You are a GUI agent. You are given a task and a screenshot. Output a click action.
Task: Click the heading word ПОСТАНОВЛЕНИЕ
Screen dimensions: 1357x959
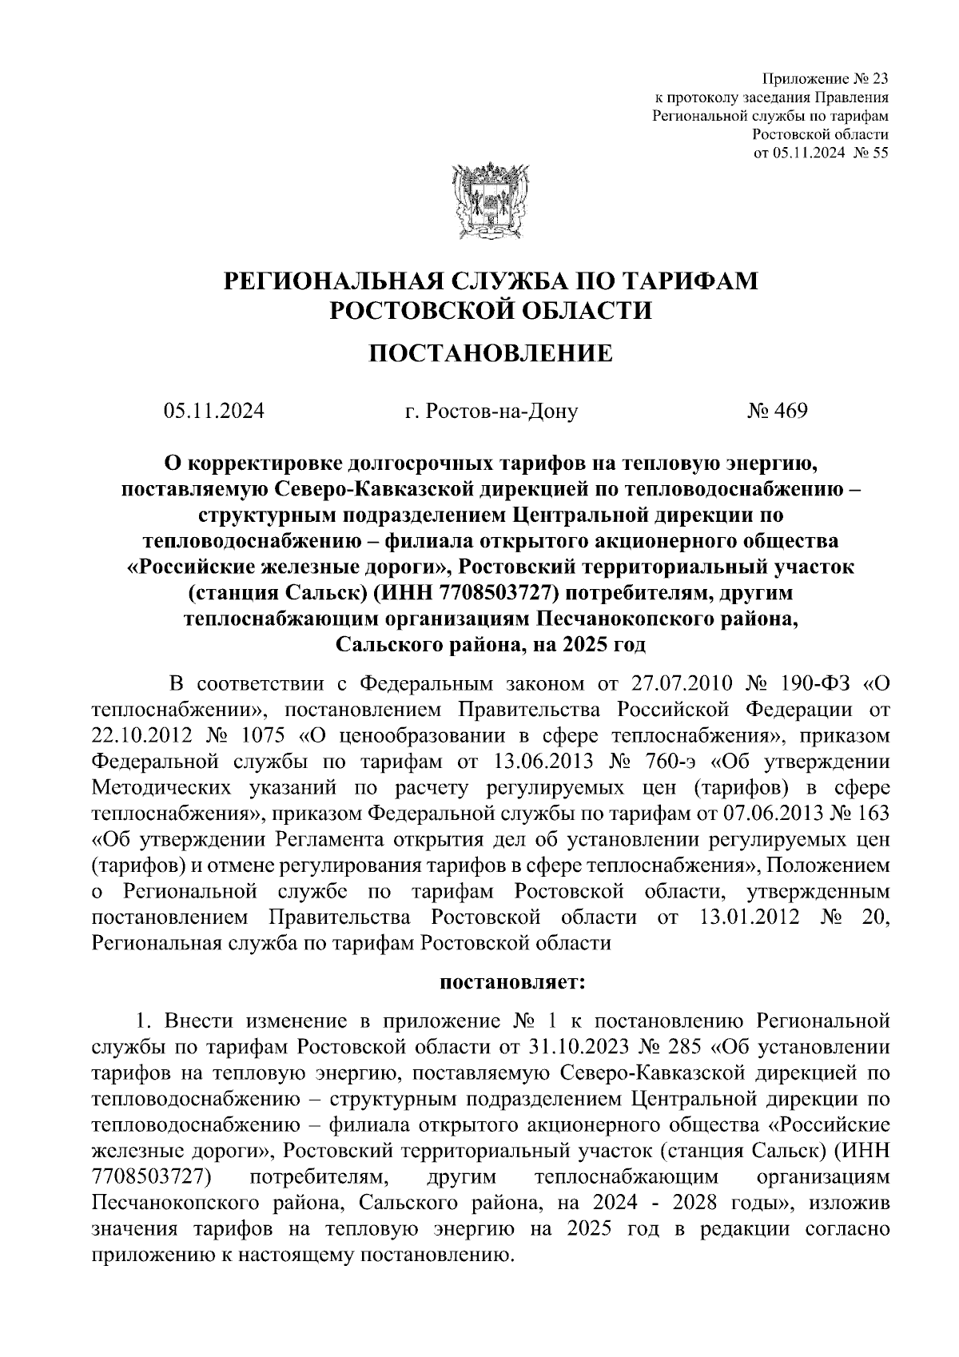coord(489,352)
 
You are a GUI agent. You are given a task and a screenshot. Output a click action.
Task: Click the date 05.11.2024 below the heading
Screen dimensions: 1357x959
coord(213,411)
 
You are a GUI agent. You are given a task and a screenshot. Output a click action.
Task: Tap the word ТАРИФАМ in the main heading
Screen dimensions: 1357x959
coord(686,281)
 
